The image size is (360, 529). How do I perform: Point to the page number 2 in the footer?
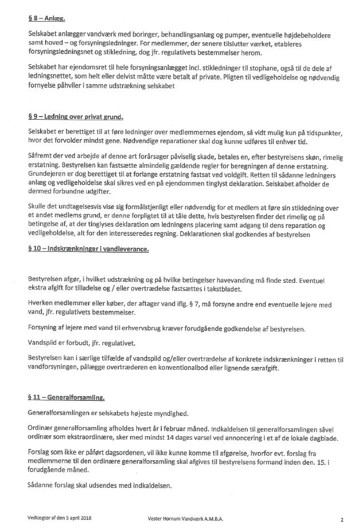click(x=341, y=520)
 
